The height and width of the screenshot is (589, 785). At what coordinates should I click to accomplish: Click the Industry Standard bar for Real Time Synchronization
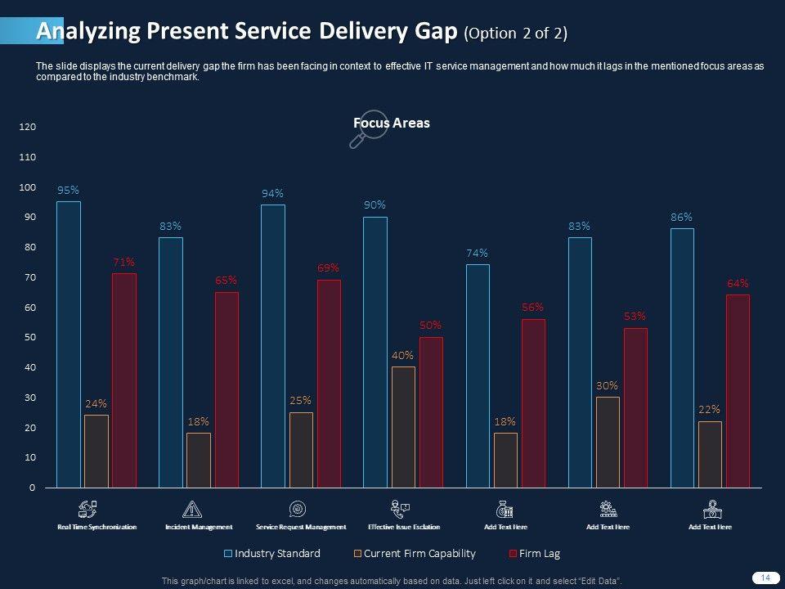[x=69, y=344]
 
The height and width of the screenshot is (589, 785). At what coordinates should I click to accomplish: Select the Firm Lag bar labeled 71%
[x=124, y=380]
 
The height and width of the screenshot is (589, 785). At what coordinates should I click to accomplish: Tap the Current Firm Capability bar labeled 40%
[x=403, y=427]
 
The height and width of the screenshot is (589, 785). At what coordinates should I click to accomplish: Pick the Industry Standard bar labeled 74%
[x=478, y=376]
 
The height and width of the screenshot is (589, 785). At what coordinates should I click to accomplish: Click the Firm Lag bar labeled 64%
[x=738, y=391]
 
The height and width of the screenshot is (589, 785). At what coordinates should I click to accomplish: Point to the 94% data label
[x=272, y=194]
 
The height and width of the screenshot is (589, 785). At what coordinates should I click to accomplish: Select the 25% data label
[x=300, y=401]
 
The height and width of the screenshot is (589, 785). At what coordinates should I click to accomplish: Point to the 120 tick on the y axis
[x=28, y=127]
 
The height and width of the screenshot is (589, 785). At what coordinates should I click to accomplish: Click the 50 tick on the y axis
[x=30, y=338]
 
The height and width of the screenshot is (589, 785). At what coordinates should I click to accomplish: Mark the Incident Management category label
[x=199, y=528]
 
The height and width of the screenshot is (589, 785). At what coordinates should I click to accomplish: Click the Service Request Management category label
[x=301, y=528]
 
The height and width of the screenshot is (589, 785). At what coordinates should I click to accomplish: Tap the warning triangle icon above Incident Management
[x=193, y=509]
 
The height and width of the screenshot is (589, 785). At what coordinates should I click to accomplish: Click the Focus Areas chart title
[x=392, y=123]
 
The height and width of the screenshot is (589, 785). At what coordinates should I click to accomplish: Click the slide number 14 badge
[x=765, y=578]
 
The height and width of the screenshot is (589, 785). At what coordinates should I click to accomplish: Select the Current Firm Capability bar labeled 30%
[x=608, y=443]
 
